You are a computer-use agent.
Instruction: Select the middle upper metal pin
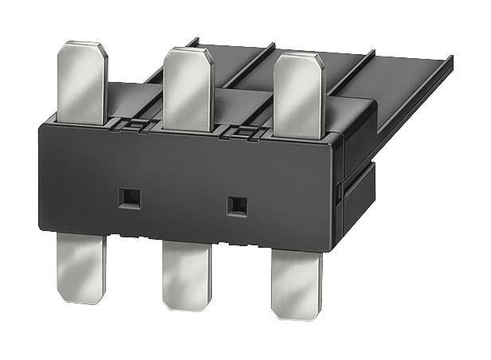coord(187,88)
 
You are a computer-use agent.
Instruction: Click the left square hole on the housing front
coord(125,195)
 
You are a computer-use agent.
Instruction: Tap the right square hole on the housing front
coord(235,204)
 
